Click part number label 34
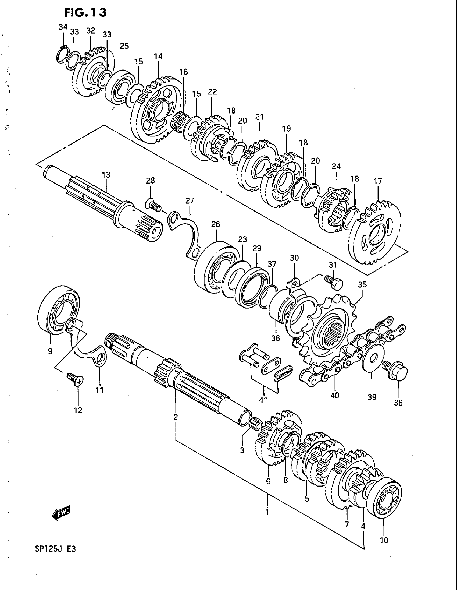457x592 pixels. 63,27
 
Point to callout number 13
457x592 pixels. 106,175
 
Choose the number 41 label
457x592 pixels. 263,400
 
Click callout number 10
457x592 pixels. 384,540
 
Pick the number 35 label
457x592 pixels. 362,285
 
